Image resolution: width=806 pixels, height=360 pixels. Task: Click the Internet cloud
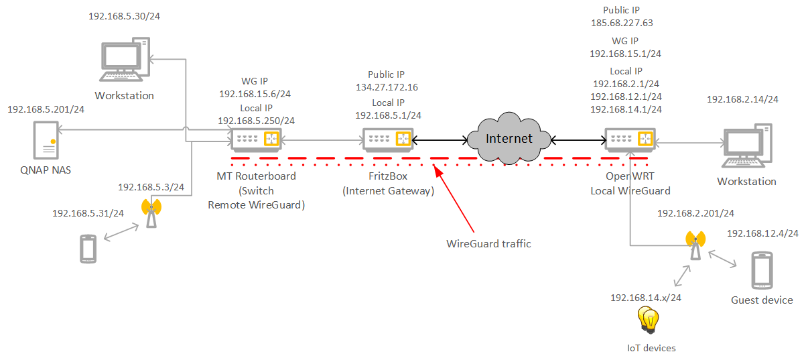pos(509,139)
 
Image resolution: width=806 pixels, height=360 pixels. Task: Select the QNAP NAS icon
pos(45,140)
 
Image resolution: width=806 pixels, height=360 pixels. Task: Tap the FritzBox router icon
pos(387,139)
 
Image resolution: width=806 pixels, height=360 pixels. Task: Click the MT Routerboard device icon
pos(256,139)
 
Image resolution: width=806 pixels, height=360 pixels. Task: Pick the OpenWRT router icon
pos(628,139)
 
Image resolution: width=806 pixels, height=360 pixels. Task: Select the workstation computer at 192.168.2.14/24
pos(745,146)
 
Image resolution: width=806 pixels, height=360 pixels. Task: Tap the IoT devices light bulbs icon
pos(649,320)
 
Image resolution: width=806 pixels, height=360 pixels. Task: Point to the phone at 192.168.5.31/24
pos(88,248)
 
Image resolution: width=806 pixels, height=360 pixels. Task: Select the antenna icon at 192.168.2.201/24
pos(695,245)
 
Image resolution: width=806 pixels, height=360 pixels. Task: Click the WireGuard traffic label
pos(488,244)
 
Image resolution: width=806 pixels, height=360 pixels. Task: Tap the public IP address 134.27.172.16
pos(387,87)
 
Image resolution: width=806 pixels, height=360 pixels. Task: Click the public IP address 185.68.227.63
pos(622,23)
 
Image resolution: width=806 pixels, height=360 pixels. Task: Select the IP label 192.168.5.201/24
pos(46,109)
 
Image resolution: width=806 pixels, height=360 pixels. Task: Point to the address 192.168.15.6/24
pos(256,94)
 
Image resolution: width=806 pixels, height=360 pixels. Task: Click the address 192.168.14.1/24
pos(626,109)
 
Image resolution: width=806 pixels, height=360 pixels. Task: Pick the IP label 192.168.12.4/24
pos(762,233)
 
